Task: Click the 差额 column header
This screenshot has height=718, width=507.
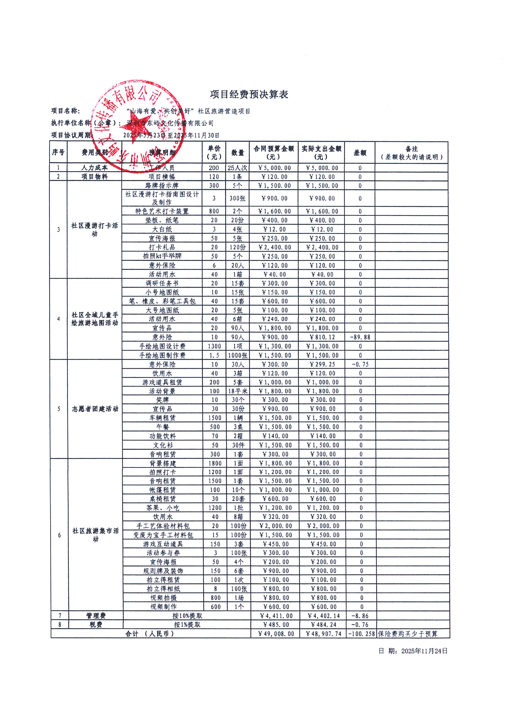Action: pyautogui.click(x=360, y=153)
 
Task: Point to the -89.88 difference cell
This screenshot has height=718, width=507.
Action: pyautogui.click(x=360, y=337)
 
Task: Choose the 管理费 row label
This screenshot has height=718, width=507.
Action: pyautogui.click(x=96, y=616)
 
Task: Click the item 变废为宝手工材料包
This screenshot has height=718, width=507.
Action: pyautogui.click(x=163, y=535)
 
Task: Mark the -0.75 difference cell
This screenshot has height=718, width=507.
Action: pyautogui.click(x=360, y=364)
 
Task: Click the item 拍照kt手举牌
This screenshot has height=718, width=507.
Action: pyautogui.click(x=162, y=256)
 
